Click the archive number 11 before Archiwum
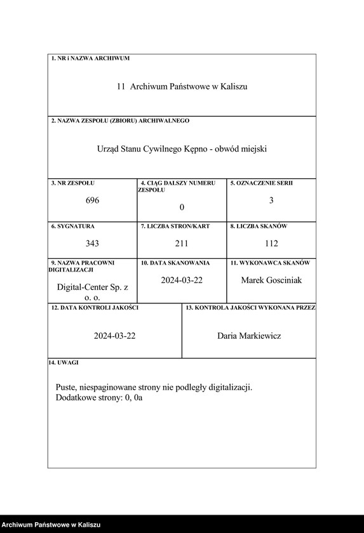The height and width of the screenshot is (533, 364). tap(121, 86)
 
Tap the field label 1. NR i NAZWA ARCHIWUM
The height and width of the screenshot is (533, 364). tap(90, 58)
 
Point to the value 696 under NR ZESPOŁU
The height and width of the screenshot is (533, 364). tap(93, 201)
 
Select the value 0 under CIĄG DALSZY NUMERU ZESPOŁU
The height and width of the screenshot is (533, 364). tap(182, 207)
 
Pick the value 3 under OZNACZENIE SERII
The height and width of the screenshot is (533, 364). tap(271, 201)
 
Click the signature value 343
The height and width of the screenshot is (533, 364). tap(93, 243)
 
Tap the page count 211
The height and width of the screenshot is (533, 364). tap(182, 243)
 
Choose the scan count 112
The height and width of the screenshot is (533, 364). tap(271, 243)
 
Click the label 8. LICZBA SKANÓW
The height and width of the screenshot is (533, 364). tap(259, 226)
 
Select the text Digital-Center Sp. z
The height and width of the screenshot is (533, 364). tap(93, 287)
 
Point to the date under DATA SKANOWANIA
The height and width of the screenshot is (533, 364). tap(182, 280)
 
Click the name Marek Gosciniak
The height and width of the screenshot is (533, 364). tap(271, 280)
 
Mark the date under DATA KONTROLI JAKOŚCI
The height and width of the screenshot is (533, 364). tap(115, 336)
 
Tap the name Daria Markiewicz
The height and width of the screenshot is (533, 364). tap(249, 336)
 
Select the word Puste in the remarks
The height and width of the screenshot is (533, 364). tap(66, 387)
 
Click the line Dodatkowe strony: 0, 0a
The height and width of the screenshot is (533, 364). tap(99, 398)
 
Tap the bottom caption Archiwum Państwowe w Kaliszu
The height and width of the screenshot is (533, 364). tap(51, 525)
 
